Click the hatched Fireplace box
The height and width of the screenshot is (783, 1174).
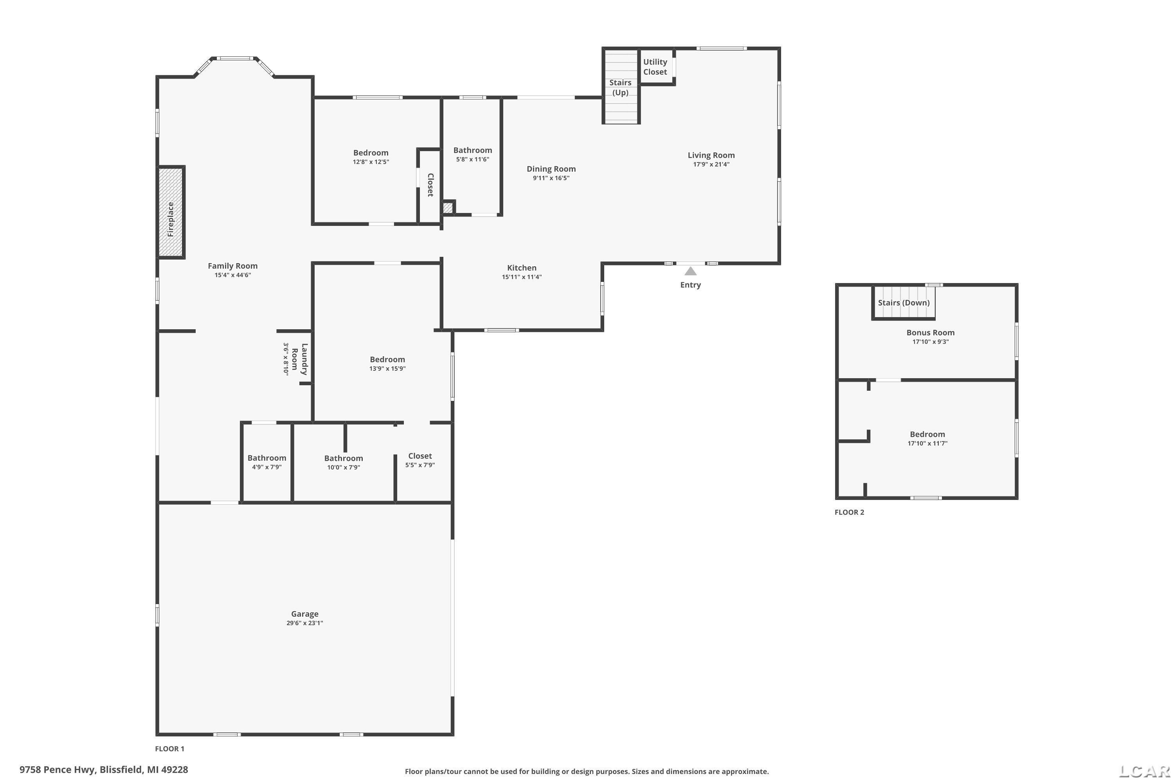coord(171,212)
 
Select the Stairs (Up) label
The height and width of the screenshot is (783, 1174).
coord(620,87)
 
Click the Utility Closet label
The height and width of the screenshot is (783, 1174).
coord(655,67)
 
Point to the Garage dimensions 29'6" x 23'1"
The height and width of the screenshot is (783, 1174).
coord(304,623)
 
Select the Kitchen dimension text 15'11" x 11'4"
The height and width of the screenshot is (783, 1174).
coord(522,277)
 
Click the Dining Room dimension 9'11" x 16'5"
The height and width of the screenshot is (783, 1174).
coord(551,178)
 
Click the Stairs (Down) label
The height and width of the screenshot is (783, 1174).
coord(904,303)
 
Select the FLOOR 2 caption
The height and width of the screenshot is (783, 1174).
coord(849,512)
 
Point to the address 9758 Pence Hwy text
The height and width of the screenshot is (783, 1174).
coord(58,770)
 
